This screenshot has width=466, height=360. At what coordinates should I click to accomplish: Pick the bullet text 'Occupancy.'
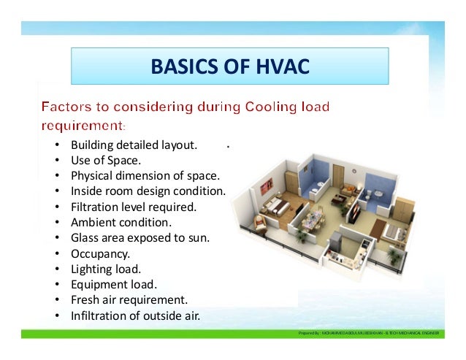coord(100,253)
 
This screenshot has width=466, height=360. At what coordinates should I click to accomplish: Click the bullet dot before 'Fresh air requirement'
coord(57,301)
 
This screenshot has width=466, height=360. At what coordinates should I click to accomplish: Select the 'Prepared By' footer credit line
coord(369,332)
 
